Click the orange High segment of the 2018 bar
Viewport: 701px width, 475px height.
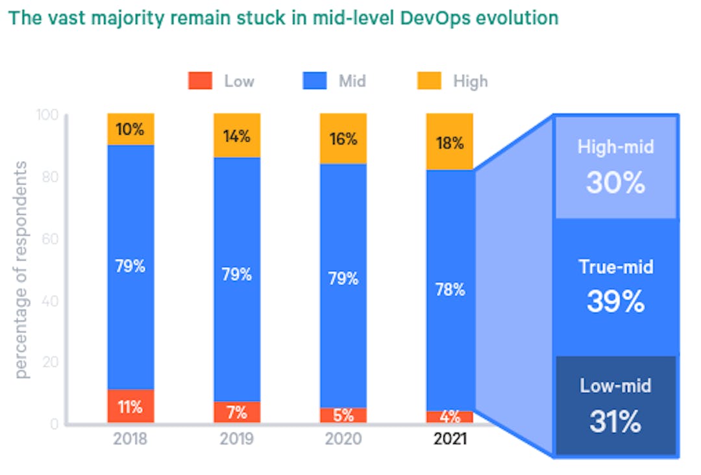pos(130,129)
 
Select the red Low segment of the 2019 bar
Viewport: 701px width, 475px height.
pos(237,412)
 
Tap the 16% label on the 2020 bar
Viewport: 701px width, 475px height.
pos(343,139)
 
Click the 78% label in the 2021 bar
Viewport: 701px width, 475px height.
pos(450,289)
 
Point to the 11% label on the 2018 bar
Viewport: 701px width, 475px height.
pos(130,407)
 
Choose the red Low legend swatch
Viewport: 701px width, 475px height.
pos(201,81)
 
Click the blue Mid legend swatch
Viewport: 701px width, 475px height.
pos(315,81)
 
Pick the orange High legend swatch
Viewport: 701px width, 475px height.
pos(429,81)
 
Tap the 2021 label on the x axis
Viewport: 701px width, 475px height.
pos(450,439)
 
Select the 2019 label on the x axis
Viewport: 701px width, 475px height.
pos(237,439)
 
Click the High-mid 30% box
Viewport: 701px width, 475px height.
pos(615,168)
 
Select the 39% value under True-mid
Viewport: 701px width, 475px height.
pos(615,302)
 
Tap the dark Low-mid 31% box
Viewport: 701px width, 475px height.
pos(615,405)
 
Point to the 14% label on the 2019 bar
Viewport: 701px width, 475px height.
pos(237,136)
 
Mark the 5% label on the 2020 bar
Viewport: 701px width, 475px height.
pos(343,415)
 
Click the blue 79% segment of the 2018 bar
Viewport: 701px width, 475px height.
pos(130,266)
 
